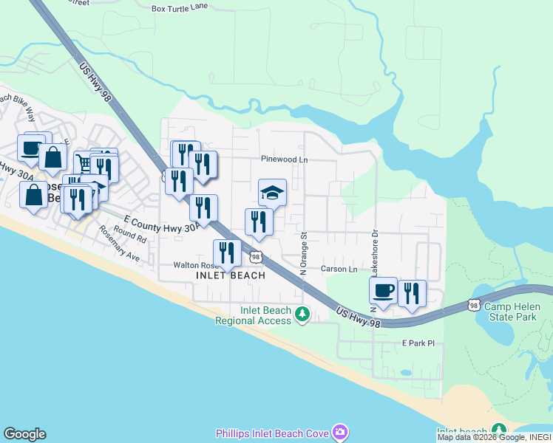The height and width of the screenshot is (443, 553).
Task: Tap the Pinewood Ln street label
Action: [x=284, y=159]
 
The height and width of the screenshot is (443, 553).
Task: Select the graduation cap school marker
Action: [x=272, y=193]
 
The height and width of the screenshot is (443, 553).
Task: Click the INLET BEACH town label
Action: [x=231, y=275]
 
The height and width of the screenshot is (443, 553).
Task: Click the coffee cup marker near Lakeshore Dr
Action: [x=383, y=291]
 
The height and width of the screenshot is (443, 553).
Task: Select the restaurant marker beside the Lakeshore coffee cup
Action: [x=412, y=293]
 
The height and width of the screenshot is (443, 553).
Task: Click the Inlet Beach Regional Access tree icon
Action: [x=302, y=315]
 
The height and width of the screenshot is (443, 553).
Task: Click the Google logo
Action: [x=24, y=434]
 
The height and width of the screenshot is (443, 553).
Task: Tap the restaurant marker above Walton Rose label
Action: [x=227, y=253]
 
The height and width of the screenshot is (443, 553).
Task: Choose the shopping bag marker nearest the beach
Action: [x=33, y=196]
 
